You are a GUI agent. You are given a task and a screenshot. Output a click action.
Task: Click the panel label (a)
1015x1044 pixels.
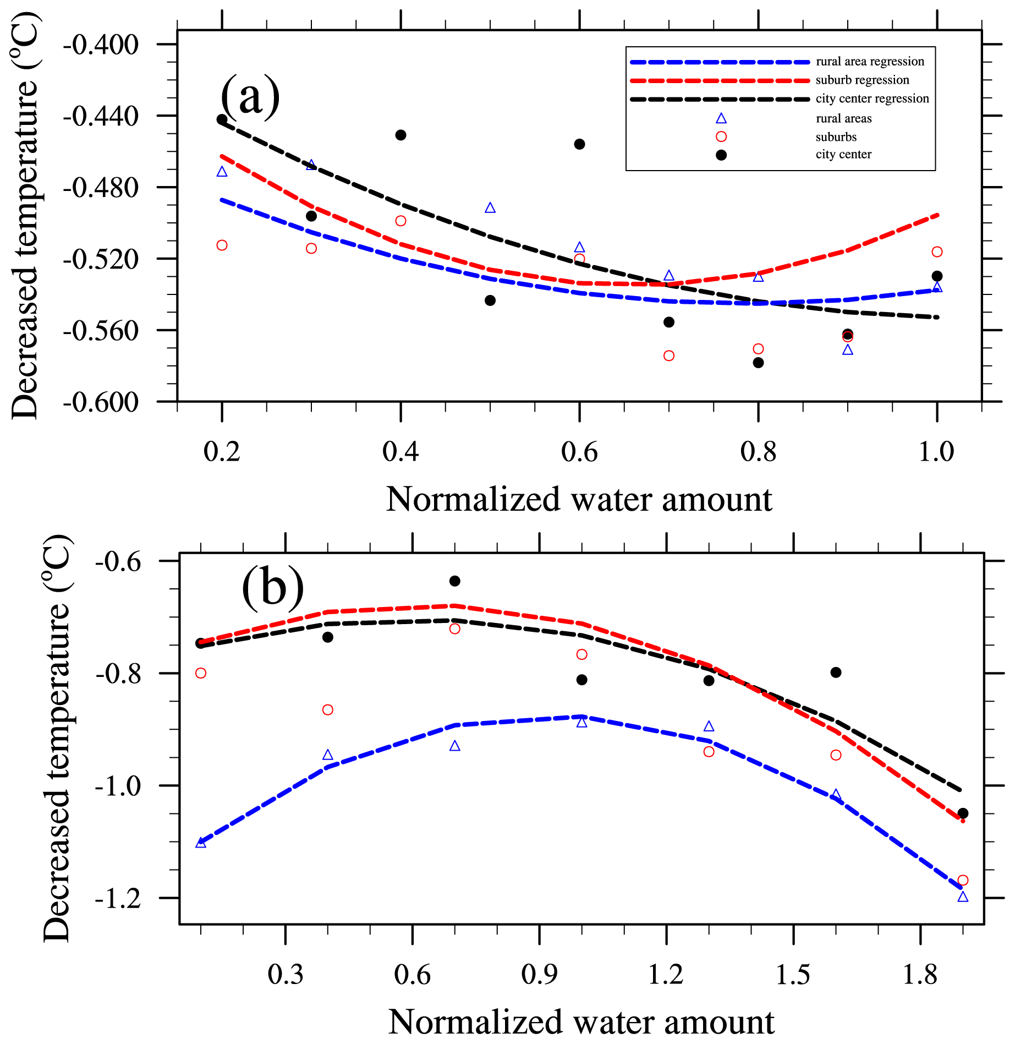click(250, 97)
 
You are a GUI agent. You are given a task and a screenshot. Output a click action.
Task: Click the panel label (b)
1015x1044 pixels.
click(272, 588)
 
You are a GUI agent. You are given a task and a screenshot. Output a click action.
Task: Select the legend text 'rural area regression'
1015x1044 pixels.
click(870, 62)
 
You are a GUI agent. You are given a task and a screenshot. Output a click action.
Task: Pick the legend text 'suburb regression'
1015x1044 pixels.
click(862, 80)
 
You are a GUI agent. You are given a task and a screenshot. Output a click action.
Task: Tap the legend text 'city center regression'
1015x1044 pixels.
click(872, 99)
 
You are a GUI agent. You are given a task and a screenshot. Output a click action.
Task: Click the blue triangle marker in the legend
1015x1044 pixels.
click(721, 118)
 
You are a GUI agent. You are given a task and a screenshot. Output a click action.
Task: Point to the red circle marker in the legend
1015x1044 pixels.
click(721, 136)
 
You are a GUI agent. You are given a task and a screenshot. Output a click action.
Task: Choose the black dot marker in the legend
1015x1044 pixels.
click(721, 155)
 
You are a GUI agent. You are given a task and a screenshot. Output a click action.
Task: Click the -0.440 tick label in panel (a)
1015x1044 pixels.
click(101, 116)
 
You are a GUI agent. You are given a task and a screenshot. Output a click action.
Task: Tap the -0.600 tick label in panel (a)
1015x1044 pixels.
click(101, 402)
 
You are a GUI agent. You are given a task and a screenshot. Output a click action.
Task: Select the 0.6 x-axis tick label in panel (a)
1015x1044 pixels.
click(579, 452)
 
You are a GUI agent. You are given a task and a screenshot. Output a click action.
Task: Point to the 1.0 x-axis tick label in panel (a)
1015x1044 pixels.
click(936, 452)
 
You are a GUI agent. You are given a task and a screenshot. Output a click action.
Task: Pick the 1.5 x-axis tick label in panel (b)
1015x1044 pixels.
click(793, 975)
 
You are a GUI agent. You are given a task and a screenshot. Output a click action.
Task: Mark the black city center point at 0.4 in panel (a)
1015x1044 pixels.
click(400, 135)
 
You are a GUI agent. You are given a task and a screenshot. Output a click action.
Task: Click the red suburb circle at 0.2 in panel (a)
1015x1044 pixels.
click(222, 245)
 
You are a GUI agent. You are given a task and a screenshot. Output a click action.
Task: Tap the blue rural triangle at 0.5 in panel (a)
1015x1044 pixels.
click(490, 208)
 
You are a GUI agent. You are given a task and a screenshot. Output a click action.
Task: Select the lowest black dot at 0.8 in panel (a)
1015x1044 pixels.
click(758, 363)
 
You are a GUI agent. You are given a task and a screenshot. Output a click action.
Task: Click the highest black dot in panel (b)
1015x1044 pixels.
click(454, 581)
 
